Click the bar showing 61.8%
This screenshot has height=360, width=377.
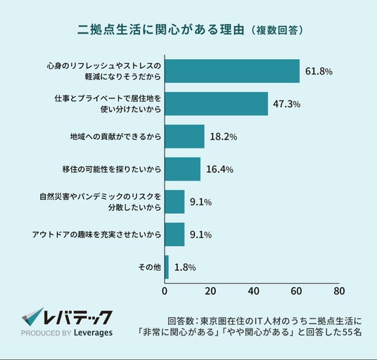(x=232, y=71)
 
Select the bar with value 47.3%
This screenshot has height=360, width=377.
(x=217, y=104)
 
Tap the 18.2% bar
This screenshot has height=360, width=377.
(x=185, y=136)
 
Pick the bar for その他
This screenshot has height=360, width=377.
(x=167, y=267)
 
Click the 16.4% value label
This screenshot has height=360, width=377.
(x=219, y=169)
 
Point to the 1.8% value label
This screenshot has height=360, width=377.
(x=185, y=267)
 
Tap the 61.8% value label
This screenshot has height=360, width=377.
(x=319, y=72)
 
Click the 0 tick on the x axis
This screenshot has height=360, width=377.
(x=165, y=291)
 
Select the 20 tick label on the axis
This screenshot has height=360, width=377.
(x=210, y=291)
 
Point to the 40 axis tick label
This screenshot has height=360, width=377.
(x=254, y=291)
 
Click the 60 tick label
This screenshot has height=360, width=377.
(x=296, y=291)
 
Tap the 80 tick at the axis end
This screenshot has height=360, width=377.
(x=339, y=291)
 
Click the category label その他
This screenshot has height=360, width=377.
(x=150, y=267)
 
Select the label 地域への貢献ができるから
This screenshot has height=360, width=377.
(x=115, y=136)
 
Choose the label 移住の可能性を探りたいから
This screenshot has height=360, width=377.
(x=112, y=169)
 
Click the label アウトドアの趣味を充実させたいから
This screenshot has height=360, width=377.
(x=96, y=235)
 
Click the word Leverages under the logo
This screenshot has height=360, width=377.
(x=94, y=333)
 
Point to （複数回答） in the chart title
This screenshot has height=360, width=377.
(x=276, y=30)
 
